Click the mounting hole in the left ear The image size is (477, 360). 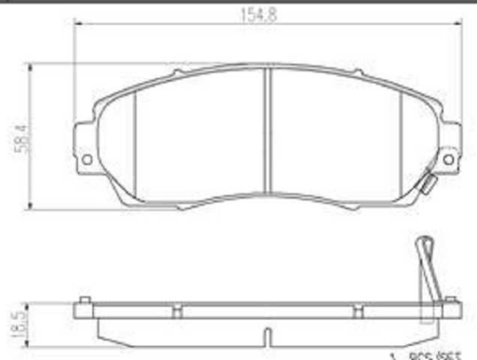coord(87,159)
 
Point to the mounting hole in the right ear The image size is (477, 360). coord(448,159)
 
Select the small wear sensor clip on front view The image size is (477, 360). coord(426,184)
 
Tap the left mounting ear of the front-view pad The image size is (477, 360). coord(88,147)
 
